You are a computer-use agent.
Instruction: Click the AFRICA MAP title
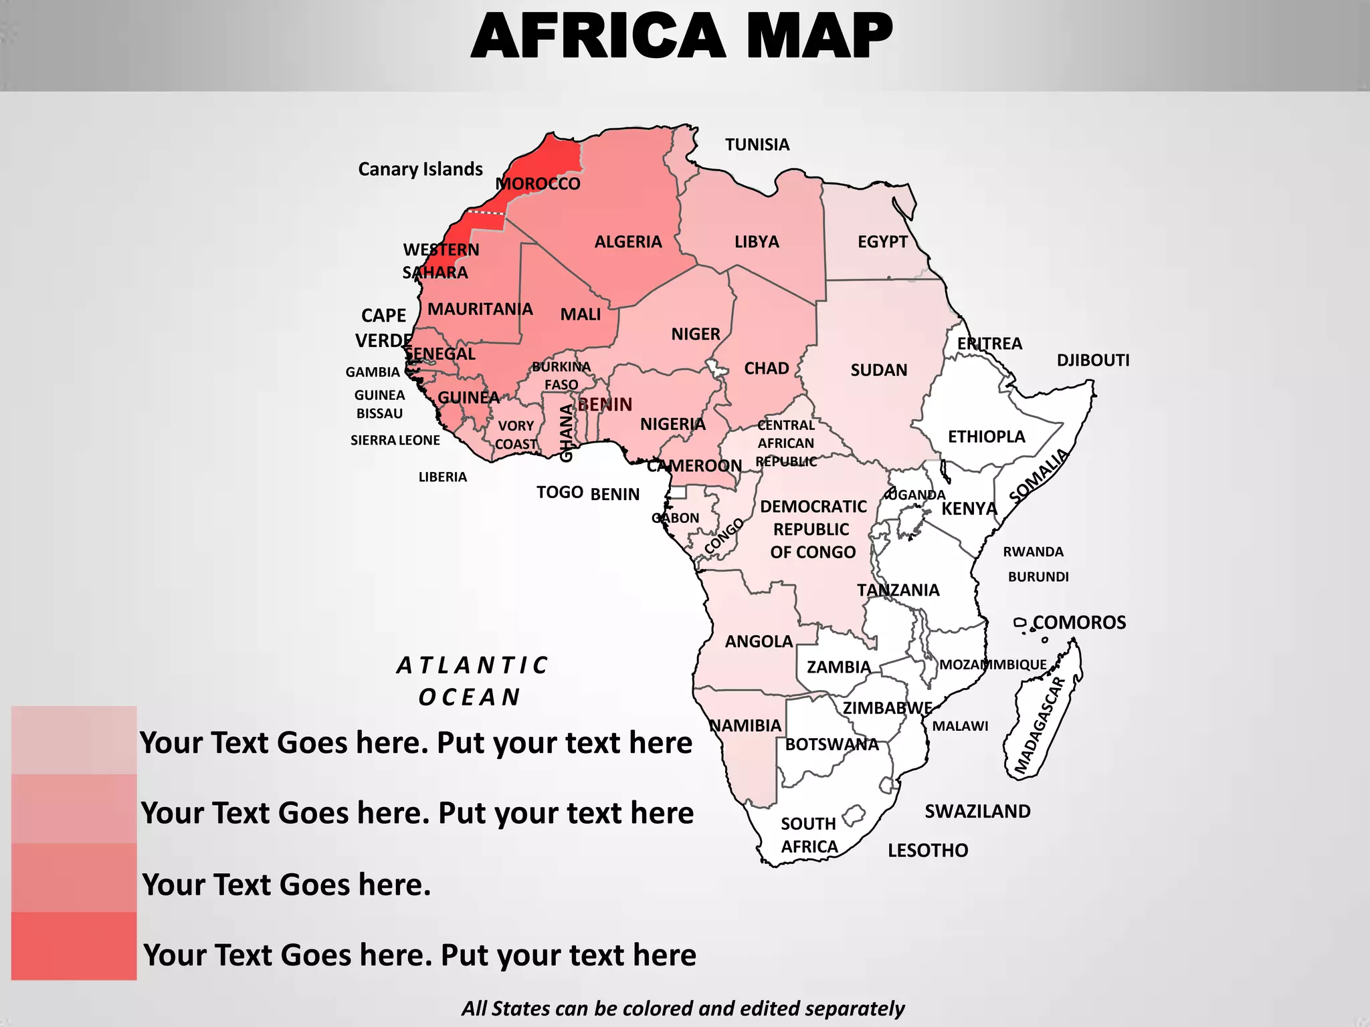(x=682, y=36)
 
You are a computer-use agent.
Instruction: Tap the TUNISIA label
(x=757, y=144)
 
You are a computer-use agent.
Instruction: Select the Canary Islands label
(x=420, y=169)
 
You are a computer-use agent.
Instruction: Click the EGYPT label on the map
(x=882, y=241)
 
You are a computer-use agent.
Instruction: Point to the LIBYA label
(x=757, y=241)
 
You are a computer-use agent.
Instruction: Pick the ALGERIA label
(x=628, y=241)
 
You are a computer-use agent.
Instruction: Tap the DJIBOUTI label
(x=1093, y=360)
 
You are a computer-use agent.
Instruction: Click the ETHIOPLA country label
(x=986, y=437)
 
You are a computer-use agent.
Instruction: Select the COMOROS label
(x=1079, y=622)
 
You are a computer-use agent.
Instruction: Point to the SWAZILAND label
(x=977, y=811)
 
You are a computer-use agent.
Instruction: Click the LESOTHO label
(x=928, y=850)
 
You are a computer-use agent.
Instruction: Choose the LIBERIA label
(x=443, y=477)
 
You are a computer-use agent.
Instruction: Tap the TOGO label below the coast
(x=560, y=493)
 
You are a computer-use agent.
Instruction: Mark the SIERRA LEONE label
(x=395, y=440)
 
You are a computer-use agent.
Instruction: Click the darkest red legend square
(x=74, y=946)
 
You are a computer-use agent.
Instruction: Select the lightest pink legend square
(x=74, y=740)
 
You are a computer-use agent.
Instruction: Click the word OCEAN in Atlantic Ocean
(x=470, y=697)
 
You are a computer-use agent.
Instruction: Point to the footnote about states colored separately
(x=683, y=1008)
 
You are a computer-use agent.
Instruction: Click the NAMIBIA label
(x=745, y=725)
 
